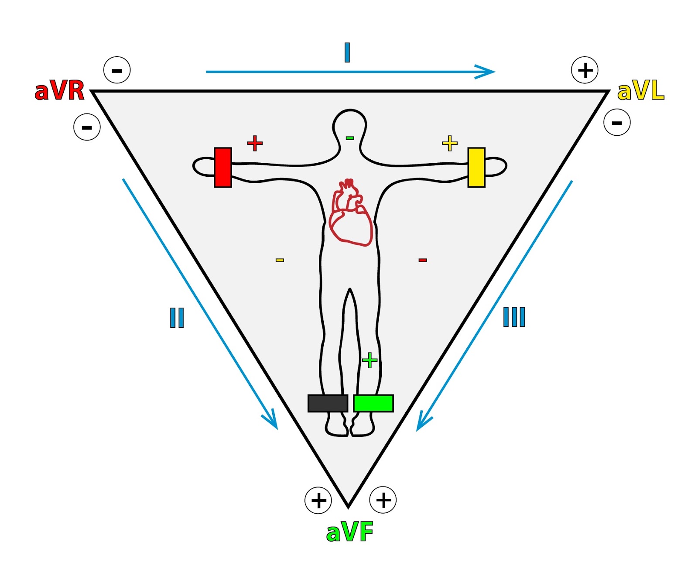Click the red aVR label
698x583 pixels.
point(59,91)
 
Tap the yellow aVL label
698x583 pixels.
point(640,91)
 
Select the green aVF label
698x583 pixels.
point(350,532)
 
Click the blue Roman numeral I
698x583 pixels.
point(347,52)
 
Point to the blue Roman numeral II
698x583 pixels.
point(177,317)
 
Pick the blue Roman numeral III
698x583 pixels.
point(514,317)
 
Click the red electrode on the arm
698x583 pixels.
point(223,168)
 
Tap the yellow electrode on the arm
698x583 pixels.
point(476,168)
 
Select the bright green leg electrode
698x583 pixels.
point(373,403)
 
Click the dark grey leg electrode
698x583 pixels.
point(328,403)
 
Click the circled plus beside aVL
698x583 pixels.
point(585,70)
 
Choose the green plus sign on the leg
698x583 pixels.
point(370,360)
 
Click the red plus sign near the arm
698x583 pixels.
point(255,143)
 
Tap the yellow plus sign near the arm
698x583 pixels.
point(449,143)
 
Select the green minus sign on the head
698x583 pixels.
point(350,138)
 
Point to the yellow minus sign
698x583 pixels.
point(280,260)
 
